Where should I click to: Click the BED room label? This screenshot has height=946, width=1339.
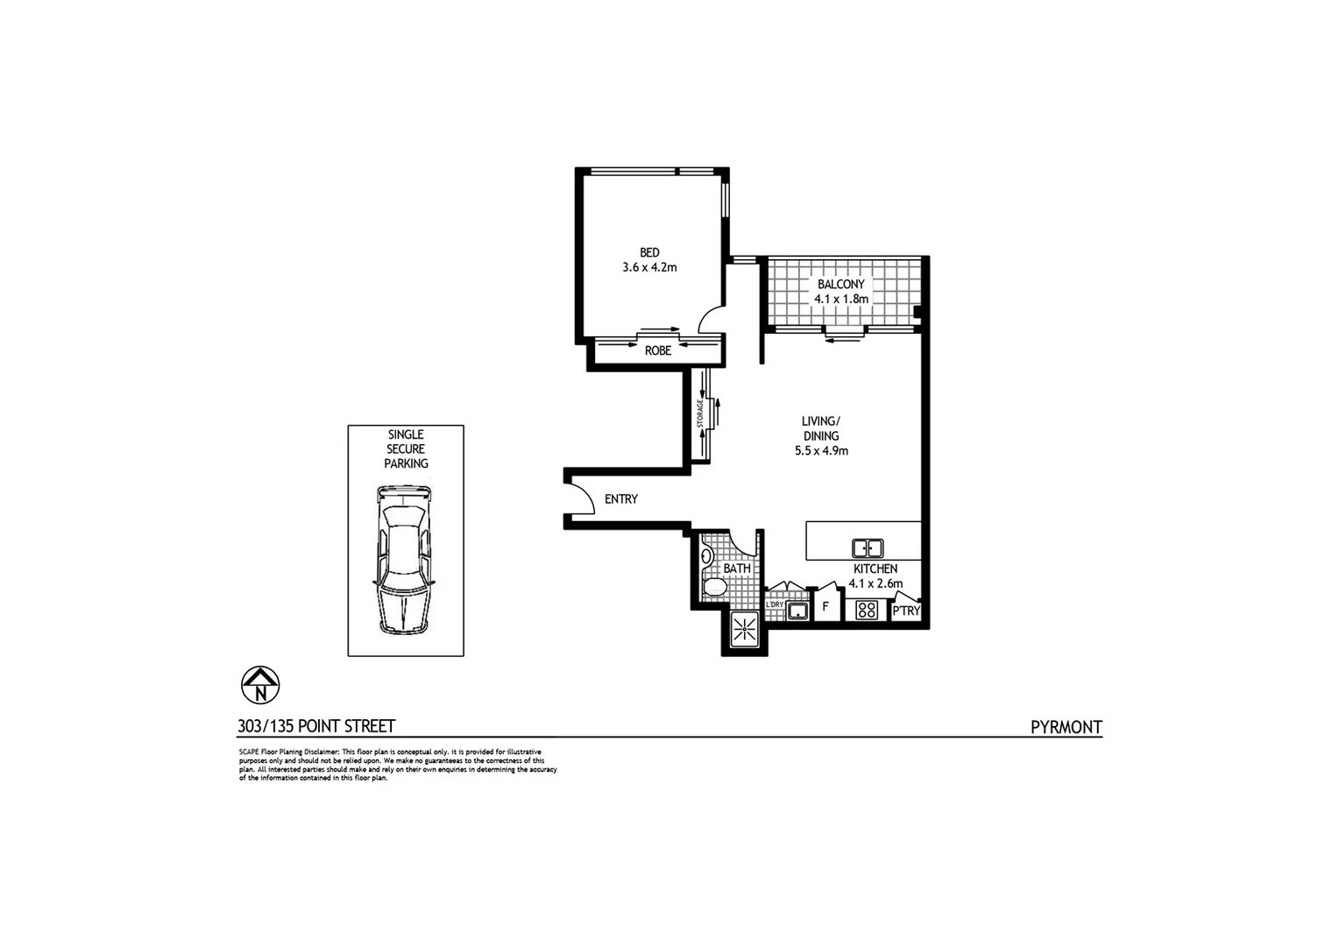[649, 253]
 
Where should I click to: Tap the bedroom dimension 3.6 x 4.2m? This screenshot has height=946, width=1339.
[649, 268]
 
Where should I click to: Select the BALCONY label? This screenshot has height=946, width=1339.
[840, 285]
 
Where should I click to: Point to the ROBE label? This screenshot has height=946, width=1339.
[658, 350]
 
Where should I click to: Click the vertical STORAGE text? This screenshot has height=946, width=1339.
[700, 413]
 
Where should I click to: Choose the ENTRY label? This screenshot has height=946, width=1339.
[621, 499]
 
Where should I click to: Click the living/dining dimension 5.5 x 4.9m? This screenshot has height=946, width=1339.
[821, 451]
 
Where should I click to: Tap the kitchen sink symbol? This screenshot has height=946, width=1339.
[868, 548]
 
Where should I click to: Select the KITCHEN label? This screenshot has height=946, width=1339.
[875, 569]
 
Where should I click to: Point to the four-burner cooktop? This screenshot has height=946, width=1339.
[867, 610]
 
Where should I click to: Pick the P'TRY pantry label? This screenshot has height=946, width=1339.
[906, 611]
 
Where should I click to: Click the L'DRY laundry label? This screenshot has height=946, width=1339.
[775, 604]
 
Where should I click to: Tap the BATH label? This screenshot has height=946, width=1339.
[737, 568]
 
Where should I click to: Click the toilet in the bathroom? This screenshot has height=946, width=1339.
[713, 588]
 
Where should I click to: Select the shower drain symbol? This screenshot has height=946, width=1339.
[744, 629]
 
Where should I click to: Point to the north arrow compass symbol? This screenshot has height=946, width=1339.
[260, 684]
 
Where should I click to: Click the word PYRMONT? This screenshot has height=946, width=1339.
[1066, 727]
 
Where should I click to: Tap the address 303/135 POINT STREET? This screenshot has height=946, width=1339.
[316, 726]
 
